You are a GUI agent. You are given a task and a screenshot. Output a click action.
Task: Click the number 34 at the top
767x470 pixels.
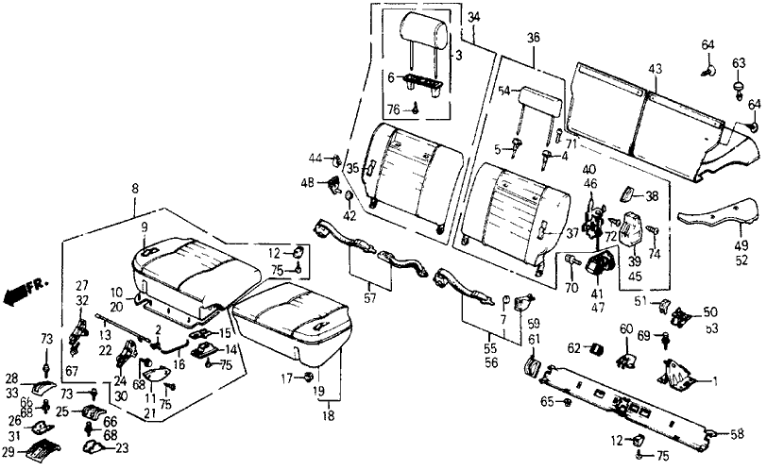pos(473,16)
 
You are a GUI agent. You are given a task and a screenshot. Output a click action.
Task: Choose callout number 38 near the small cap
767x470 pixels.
pos(651,196)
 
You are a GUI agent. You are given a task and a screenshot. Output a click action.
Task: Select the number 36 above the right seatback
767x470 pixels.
pos(534,39)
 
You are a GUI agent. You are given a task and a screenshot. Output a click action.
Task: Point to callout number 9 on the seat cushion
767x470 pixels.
pos(145,227)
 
